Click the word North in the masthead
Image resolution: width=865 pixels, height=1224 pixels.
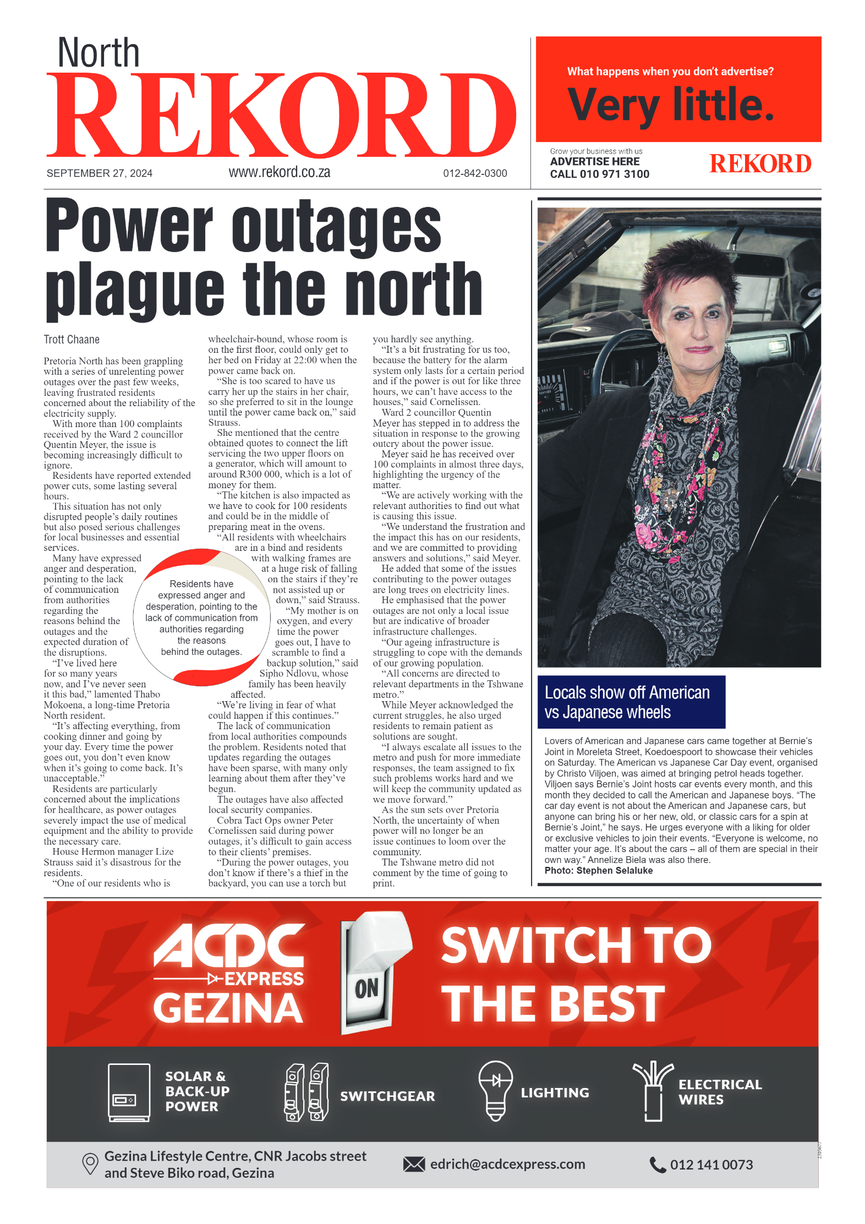(x=98, y=53)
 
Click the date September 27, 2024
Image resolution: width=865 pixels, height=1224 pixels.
(x=100, y=173)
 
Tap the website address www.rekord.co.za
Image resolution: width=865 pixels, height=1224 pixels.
(x=279, y=172)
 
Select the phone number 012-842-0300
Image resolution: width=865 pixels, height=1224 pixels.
(x=475, y=173)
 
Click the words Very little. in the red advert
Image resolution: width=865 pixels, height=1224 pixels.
(x=671, y=105)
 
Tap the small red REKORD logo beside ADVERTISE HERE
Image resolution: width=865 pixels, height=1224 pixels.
(x=760, y=164)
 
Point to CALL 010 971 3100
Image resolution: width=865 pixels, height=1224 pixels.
(x=599, y=174)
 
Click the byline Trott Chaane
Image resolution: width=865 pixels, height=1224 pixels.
(x=72, y=340)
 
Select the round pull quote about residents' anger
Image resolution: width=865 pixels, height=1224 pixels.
(x=201, y=618)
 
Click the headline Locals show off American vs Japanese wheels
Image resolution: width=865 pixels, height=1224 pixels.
(x=627, y=702)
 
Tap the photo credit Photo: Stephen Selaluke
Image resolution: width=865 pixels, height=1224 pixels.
(x=598, y=871)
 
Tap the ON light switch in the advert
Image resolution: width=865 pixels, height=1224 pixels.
(x=369, y=974)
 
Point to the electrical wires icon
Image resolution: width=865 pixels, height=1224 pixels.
(x=653, y=1091)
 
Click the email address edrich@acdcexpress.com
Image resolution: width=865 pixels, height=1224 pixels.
(x=507, y=1164)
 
